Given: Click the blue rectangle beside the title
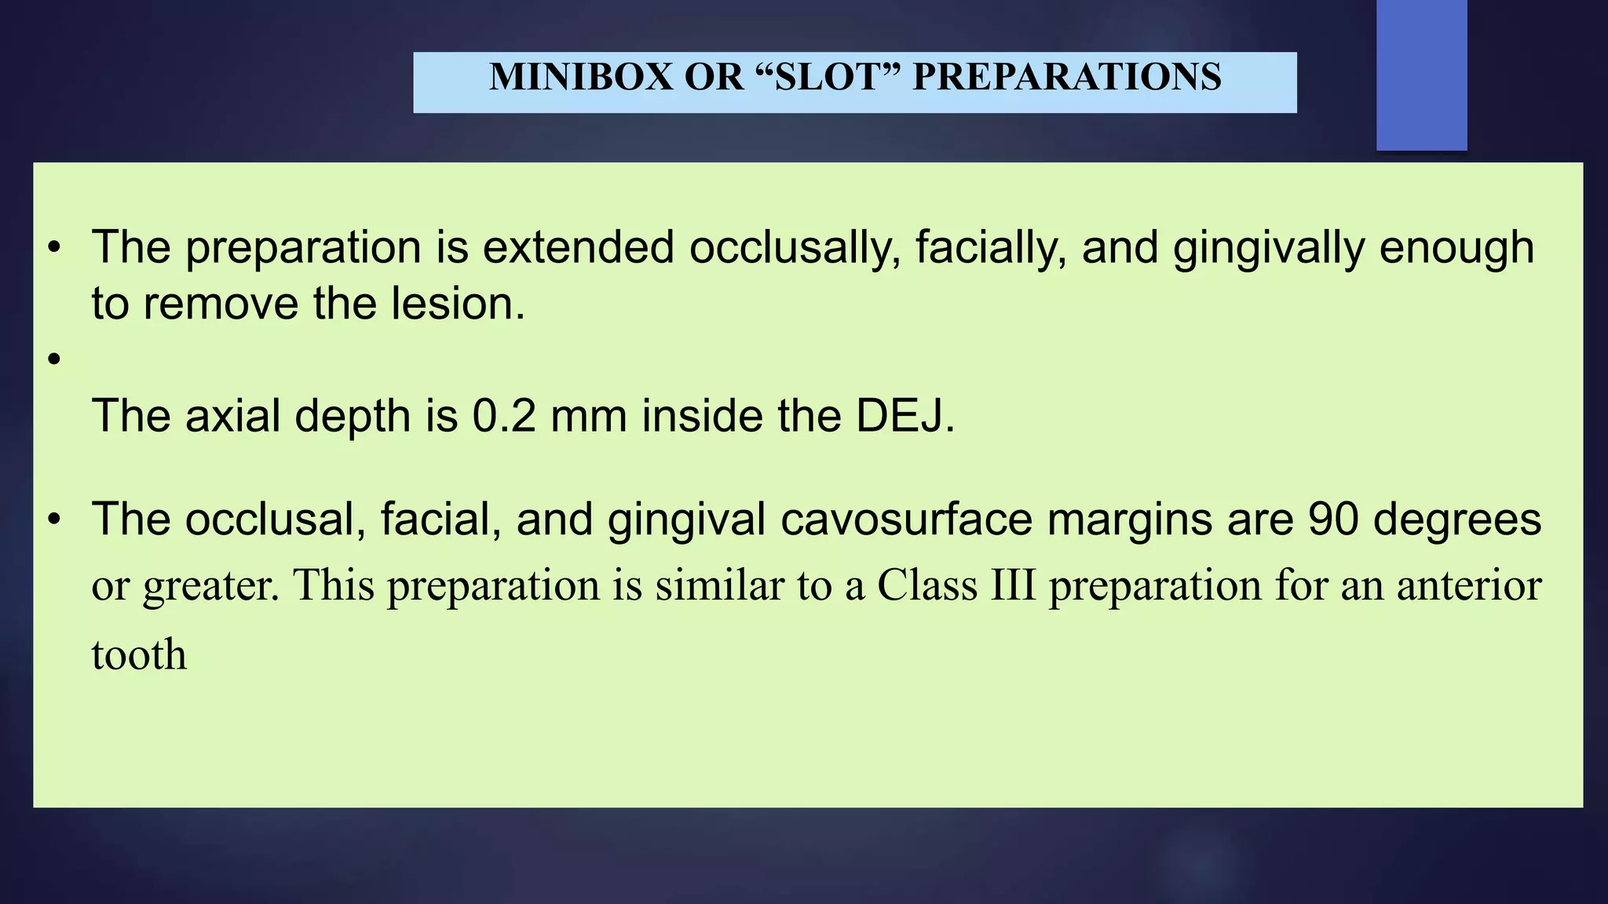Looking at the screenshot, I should (1421, 75).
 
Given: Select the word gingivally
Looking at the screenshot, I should (1269, 248).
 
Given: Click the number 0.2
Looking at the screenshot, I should (504, 416).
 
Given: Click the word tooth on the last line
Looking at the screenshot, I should (139, 655).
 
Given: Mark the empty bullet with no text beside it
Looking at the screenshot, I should (53, 359).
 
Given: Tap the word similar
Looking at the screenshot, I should (720, 586).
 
